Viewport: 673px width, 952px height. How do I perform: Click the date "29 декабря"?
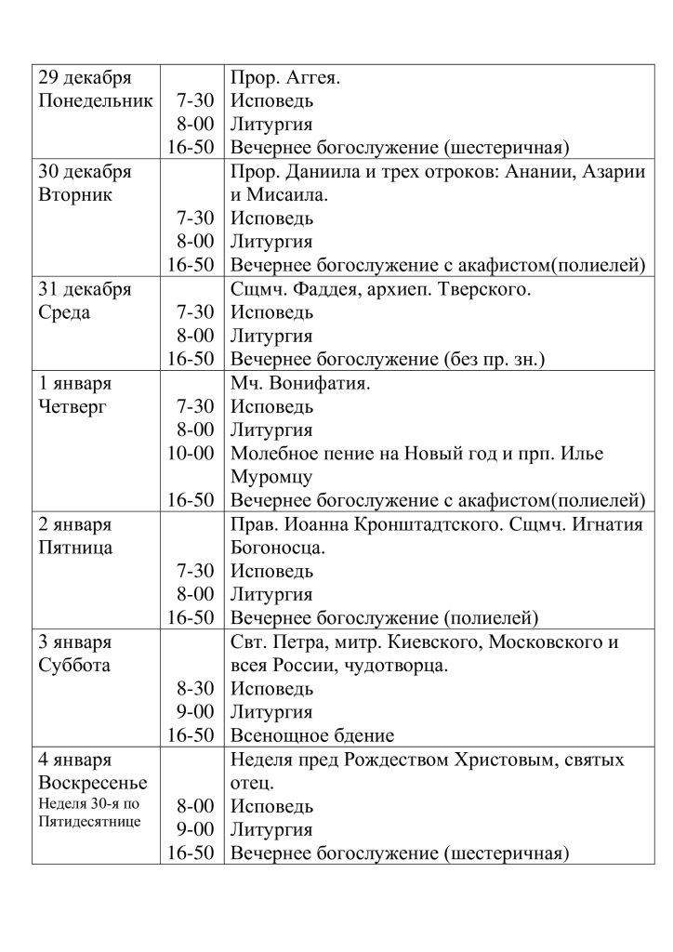coord(85,76)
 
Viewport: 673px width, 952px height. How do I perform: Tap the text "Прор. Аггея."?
coord(285,76)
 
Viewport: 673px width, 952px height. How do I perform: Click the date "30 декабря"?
coord(85,172)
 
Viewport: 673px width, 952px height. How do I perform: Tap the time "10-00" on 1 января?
coord(192,455)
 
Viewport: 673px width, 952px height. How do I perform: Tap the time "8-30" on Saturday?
coord(195,689)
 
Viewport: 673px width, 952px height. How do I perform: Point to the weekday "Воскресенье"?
coord(93,785)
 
